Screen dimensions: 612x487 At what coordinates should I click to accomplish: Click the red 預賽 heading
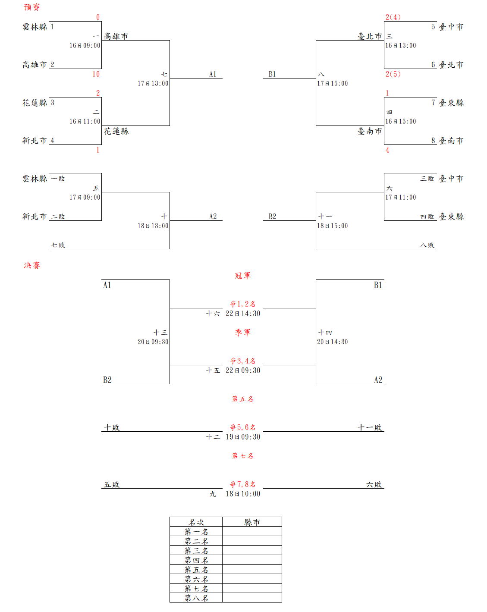[32, 7]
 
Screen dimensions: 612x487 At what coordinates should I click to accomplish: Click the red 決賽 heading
[32, 265]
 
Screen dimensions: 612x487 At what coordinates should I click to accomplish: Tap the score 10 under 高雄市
[96, 74]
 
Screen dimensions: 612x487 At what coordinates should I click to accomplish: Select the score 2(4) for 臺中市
[393, 17]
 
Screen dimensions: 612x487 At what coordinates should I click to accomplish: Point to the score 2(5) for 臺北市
[393, 74]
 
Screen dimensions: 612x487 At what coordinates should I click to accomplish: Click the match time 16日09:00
[85, 45]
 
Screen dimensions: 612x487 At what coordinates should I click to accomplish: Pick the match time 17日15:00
[333, 83]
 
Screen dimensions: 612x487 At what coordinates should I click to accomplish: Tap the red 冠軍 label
[243, 276]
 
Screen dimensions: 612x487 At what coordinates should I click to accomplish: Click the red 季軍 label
[243, 333]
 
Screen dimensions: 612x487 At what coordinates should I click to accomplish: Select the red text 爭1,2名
[243, 304]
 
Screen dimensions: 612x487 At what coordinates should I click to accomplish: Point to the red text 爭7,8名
[243, 484]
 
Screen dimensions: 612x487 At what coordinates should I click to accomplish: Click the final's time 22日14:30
[243, 314]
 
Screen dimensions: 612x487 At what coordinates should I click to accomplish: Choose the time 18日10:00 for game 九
[243, 494]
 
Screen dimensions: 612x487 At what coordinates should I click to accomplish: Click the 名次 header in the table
[196, 522]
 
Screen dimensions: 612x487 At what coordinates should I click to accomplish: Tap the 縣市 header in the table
[252, 522]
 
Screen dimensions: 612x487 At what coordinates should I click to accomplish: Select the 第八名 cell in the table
[196, 598]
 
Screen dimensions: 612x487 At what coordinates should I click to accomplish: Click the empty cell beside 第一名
[252, 531]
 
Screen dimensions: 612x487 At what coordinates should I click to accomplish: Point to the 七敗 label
[58, 245]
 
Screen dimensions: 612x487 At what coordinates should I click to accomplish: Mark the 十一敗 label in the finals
[370, 427]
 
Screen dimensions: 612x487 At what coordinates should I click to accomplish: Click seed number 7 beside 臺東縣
[433, 103]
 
